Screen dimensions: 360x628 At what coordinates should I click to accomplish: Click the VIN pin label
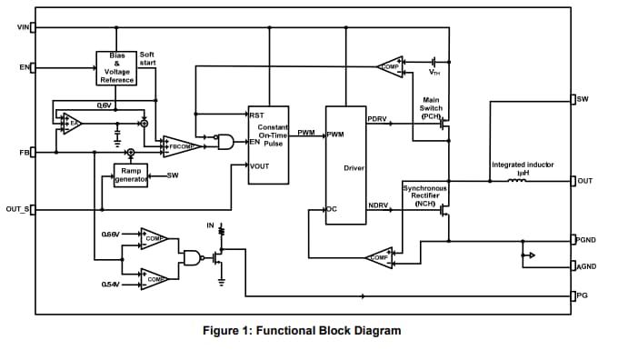click(23, 26)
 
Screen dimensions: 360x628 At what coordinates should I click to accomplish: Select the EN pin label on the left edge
click(24, 66)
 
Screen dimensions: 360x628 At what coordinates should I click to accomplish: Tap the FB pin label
click(25, 152)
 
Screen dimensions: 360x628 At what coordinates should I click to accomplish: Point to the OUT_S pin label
click(17, 209)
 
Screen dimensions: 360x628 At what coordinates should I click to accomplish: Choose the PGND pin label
click(586, 240)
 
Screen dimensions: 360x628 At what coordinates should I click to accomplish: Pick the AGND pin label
click(586, 266)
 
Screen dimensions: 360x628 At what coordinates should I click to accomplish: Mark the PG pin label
click(583, 295)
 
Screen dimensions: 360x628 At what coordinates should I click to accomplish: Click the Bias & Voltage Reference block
click(116, 67)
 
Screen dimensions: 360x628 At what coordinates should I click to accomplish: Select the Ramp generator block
click(130, 175)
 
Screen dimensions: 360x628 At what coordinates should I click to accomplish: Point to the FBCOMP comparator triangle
click(176, 145)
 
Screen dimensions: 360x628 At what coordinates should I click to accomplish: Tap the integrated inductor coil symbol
click(516, 181)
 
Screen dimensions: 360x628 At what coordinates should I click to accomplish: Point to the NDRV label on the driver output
click(378, 206)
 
